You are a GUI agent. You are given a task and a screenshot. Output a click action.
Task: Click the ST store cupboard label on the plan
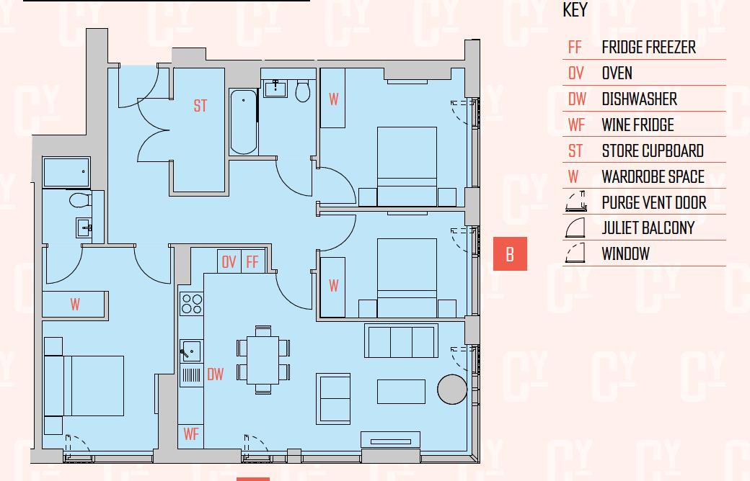(200, 106)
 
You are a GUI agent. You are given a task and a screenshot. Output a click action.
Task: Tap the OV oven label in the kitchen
(229, 262)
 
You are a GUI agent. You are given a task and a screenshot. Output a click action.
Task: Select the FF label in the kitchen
(252, 262)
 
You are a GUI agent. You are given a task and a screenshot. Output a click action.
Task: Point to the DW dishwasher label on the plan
(215, 374)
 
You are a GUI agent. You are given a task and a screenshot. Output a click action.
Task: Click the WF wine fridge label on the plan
(191, 434)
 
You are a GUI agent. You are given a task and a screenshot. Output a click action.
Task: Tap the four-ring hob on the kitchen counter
(192, 304)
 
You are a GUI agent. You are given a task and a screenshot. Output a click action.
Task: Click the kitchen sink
(190, 351)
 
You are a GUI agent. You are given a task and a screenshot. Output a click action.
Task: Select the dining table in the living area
(263, 360)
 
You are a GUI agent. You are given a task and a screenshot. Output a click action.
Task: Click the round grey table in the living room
(452, 390)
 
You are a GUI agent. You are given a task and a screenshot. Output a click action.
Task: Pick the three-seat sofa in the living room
(401, 341)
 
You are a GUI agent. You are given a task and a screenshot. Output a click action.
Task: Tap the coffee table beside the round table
(401, 392)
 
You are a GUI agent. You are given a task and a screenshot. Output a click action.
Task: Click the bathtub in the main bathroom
(244, 122)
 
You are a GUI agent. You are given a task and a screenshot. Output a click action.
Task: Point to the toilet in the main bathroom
(303, 91)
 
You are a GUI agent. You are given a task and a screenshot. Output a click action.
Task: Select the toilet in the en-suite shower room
(80, 199)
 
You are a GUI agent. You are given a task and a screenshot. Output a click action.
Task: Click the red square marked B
(510, 253)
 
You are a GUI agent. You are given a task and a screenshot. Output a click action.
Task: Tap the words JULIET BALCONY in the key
(648, 228)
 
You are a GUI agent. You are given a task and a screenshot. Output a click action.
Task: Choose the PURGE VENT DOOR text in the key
(654, 202)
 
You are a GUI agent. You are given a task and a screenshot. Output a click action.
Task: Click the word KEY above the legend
(575, 10)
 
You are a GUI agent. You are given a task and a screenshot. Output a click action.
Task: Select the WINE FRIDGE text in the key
(637, 125)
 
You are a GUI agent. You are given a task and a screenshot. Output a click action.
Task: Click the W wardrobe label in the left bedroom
(75, 305)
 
